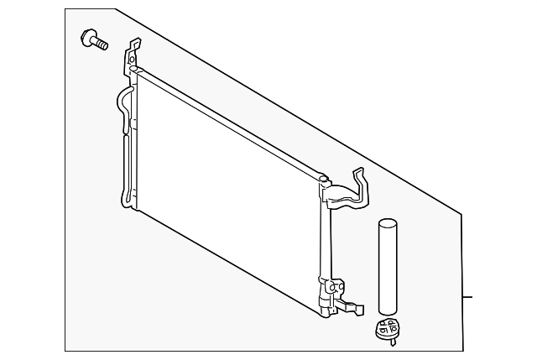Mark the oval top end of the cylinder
[388, 223]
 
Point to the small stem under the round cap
[388, 340]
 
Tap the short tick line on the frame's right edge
[468, 297]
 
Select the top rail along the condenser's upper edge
[227, 122]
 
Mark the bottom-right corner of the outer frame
[462, 351]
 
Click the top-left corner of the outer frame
[66, 9]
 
